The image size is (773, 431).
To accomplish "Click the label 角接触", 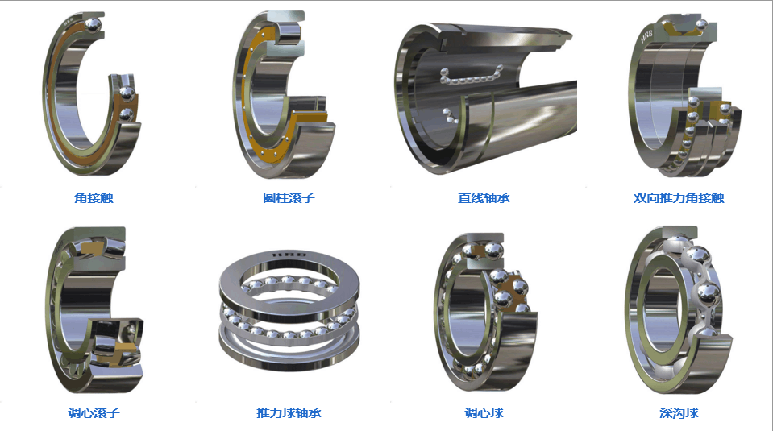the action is tap(94, 198).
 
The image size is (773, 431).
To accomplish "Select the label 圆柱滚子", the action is tap(289, 198).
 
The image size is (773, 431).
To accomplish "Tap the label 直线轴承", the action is tap(484, 198).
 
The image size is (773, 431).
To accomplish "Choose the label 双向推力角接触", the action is tap(679, 198).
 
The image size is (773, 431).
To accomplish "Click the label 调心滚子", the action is tap(94, 412).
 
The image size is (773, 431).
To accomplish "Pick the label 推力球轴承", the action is tap(289, 412).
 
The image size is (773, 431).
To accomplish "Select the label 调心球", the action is tap(484, 412).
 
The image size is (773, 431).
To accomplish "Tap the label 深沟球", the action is tap(679, 412).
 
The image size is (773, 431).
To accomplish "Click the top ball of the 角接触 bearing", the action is tap(93, 25).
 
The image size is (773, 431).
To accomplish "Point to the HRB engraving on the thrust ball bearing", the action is tap(290, 255).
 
